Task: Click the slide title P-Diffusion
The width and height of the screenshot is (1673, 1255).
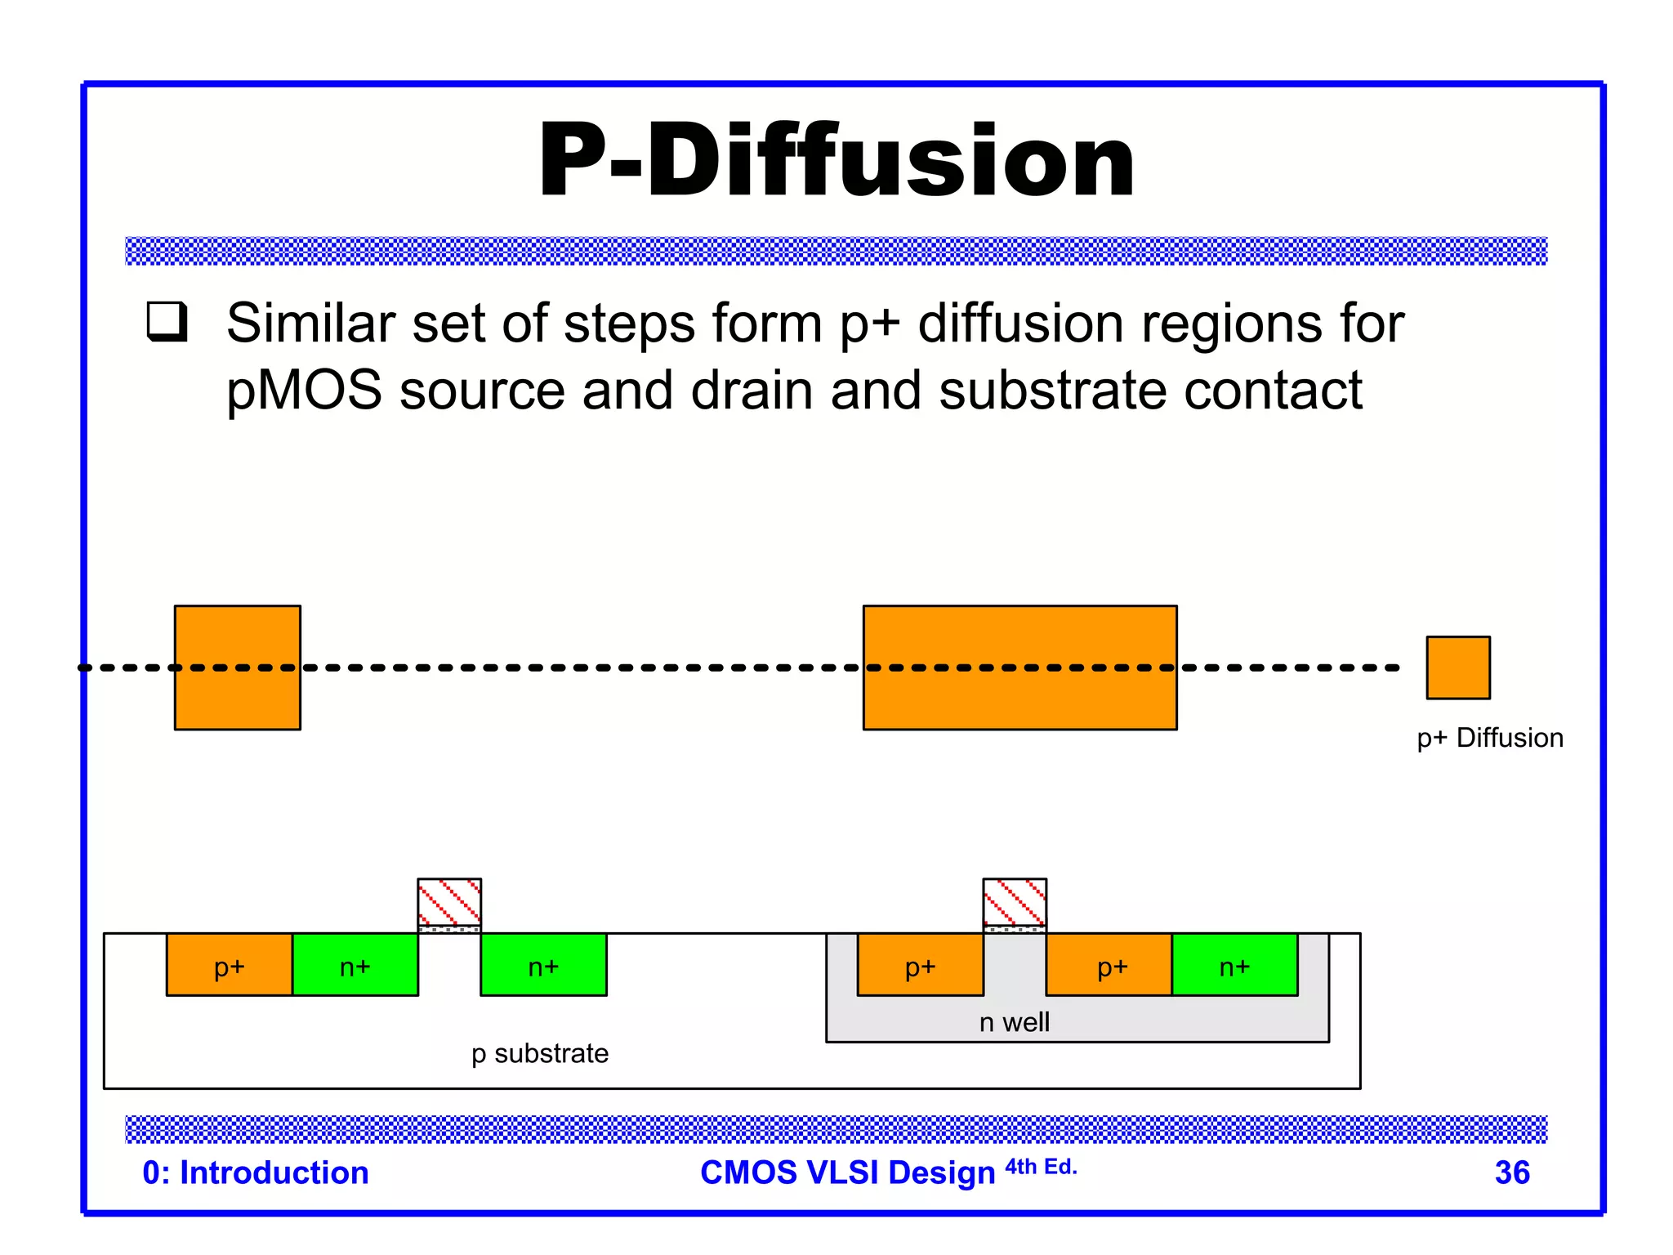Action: tap(836, 160)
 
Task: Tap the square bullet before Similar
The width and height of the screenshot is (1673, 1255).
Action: tap(167, 321)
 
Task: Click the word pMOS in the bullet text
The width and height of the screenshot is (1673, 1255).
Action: tap(304, 391)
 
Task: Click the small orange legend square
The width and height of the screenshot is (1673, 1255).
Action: tap(1457, 668)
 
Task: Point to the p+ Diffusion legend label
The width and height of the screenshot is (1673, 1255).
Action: tap(1489, 738)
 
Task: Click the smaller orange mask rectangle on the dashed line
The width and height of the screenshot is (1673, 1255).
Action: tap(237, 668)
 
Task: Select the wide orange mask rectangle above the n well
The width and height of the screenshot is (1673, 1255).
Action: tap(1019, 668)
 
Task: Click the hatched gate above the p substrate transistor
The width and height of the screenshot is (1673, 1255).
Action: tap(449, 902)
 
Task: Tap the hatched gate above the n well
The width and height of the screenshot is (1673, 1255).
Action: tap(1014, 902)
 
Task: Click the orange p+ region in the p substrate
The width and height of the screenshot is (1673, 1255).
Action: tap(230, 965)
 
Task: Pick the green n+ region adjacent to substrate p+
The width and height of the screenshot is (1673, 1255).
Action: tap(355, 965)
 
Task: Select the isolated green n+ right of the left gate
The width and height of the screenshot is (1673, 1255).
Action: tap(543, 965)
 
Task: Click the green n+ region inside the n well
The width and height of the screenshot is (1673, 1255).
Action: tap(1234, 965)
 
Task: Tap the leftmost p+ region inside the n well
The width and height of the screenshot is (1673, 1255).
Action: tap(920, 965)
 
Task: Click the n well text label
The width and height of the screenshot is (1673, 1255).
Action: tap(1014, 1022)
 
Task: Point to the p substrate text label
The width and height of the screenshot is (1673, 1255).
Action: tap(539, 1053)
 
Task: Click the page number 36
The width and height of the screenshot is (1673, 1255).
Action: tap(1511, 1172)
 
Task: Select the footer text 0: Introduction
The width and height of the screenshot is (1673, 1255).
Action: tap(256, 1172)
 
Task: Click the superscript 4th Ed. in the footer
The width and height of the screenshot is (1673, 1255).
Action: tap(1041, 1167)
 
